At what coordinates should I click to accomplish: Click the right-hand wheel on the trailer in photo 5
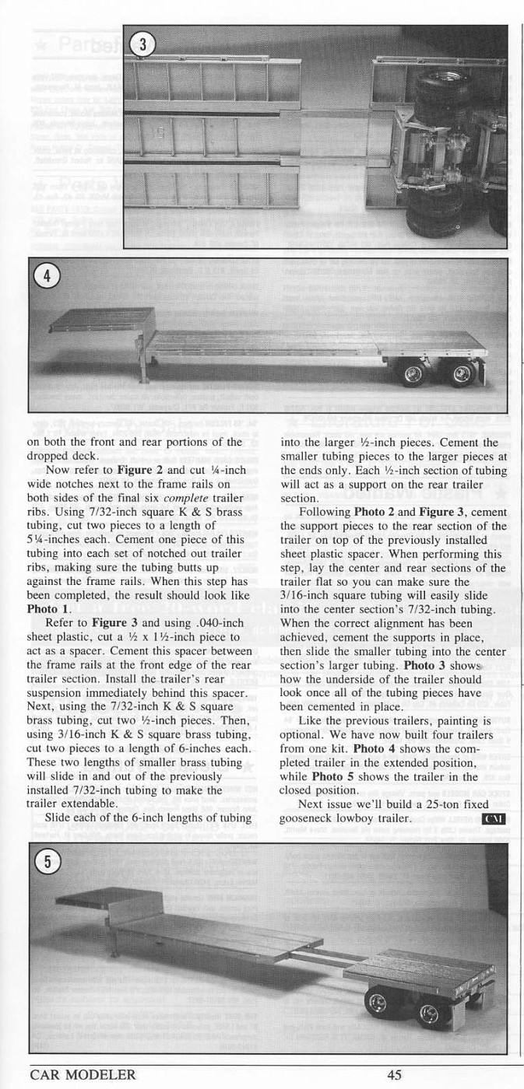coord(428,1014)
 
